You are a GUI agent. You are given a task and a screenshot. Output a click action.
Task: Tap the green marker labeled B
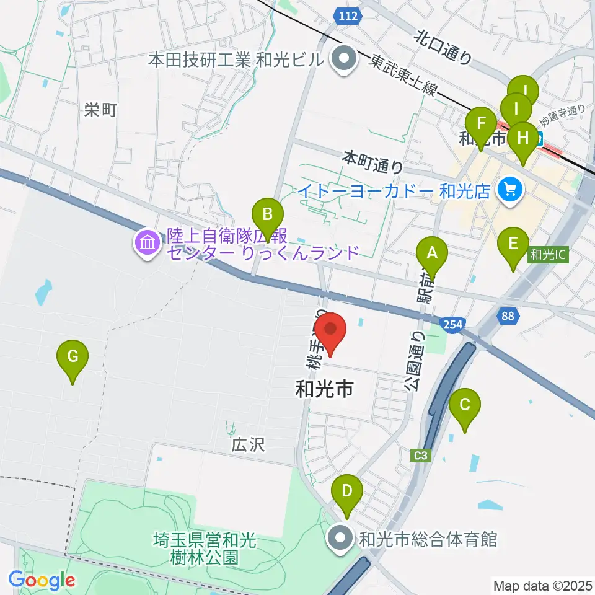pyautogui.click(x=268, y=216)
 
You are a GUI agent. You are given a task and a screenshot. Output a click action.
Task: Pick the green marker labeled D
pyautogui.click(x=347, y=493)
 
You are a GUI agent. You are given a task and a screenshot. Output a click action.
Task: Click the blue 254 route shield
pyautogui.click(x=451, y=323)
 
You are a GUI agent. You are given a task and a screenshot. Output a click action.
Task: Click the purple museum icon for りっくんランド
pyautogui.click(x=147, y=242)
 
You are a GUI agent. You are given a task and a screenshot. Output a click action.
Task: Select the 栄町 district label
pyautogui.click(x=101, y=111)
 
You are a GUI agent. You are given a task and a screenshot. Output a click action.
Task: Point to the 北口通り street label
pyautogui.click(x=444, y=48)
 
